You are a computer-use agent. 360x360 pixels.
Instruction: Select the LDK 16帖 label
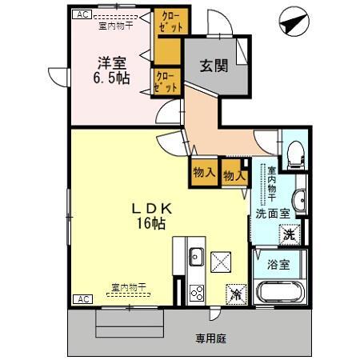153,215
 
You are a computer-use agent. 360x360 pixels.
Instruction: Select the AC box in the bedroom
81,14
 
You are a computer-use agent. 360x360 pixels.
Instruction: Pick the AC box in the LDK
81,299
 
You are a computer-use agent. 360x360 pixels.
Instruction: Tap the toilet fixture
294,153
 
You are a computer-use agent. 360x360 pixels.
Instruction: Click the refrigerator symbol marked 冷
235,293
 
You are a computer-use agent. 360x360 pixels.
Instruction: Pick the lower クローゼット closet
166,82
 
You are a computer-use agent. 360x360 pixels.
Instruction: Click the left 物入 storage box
203,171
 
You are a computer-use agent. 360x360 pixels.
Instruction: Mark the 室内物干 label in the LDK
128,286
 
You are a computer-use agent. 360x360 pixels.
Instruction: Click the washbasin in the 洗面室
298,199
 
